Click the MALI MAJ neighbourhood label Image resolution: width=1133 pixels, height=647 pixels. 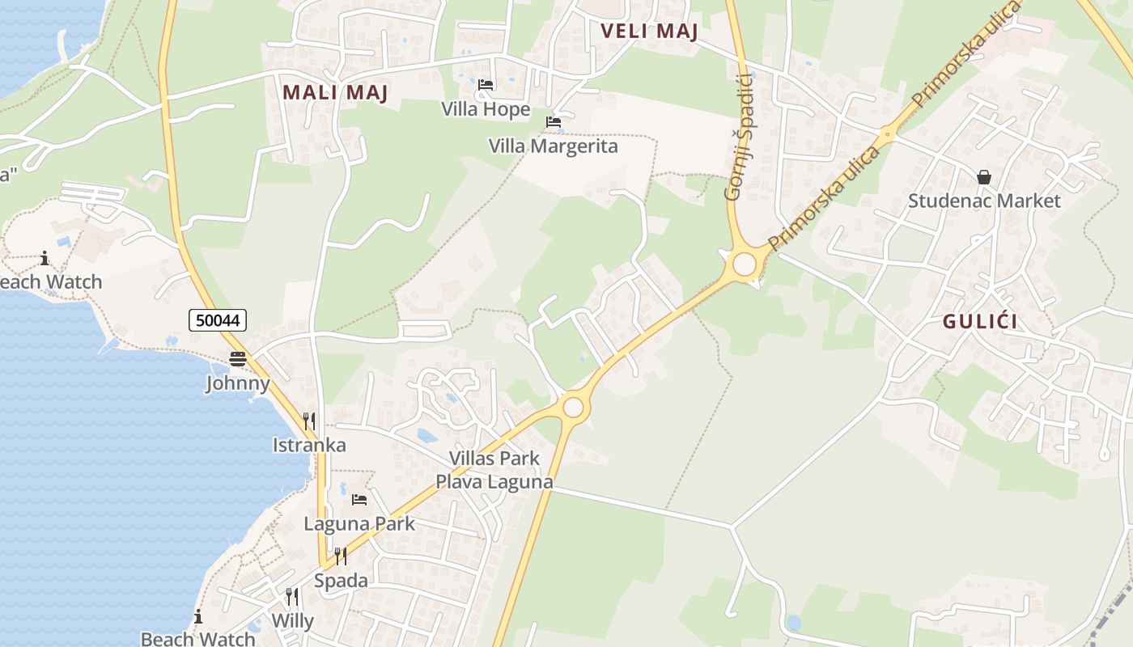click(x=335, y=92)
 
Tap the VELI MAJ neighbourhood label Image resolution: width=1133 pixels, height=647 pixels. click(x=649, y=32)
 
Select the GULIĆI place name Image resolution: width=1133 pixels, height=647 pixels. click(x=979, y=322)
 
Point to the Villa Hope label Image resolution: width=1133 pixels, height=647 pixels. click(x=486, y=109)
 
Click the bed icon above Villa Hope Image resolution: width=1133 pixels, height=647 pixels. click(x=486, y=84)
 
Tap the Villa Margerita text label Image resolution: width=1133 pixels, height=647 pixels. click(x=553, y=146)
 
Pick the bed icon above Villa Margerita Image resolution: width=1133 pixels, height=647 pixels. click(x=554, y=122)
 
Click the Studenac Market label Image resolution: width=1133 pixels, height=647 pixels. click(x=983, y=201)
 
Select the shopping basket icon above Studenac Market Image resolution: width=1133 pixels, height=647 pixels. click(x=984, y=176)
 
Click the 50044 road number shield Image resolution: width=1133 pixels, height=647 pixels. click(x=218, y=320)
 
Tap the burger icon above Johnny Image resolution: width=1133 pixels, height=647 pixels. click(x=237, y=358)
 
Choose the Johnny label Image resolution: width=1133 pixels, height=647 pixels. click(x=237, y=383)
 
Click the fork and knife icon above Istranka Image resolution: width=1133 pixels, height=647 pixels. click(x=308, y=421)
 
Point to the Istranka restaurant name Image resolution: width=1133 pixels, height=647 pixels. click(x=309, y=445)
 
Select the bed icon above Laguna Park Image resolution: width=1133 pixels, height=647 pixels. click(x=359, y=500)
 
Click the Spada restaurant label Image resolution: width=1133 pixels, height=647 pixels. click(x=341, y=581)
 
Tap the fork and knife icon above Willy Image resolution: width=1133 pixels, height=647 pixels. click(x=291, y=597)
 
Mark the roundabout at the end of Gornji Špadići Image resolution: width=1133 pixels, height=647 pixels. click(x=744, y=264)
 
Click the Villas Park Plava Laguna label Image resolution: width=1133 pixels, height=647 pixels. click(x=494, y=471)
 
